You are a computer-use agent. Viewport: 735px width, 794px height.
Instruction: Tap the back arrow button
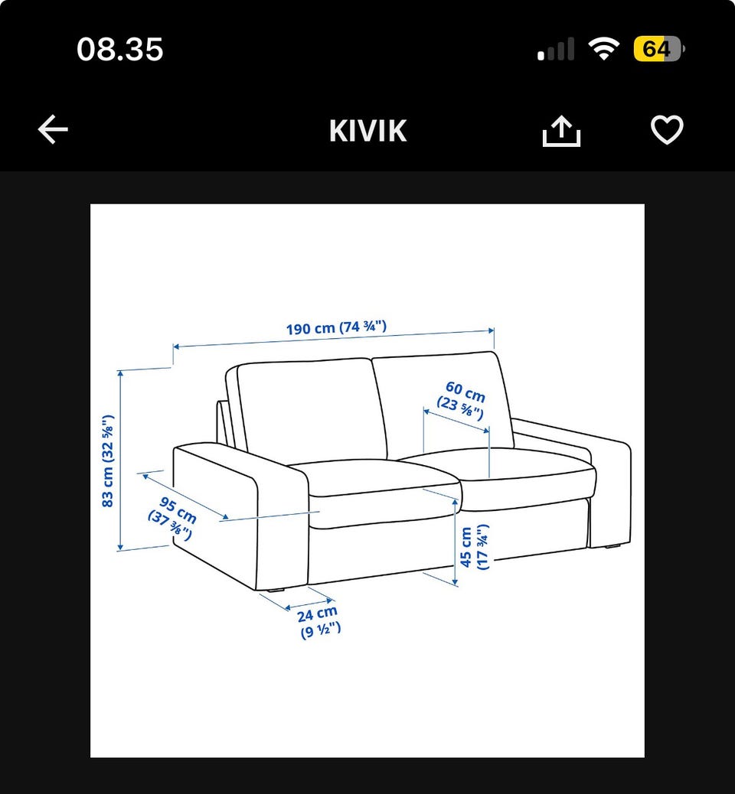[53, 129]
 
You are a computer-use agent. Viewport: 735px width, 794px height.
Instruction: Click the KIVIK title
[368, 131]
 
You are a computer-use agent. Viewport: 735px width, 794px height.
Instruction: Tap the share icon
[561, 131]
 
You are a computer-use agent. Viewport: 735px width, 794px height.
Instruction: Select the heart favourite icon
[667, 130]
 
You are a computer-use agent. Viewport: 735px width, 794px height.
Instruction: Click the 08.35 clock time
[120, 49]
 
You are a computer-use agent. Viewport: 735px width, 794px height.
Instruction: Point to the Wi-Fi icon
[603, 49]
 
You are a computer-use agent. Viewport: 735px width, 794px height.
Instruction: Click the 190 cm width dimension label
[336, 327]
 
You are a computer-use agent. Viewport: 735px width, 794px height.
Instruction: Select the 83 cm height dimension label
[108, 460]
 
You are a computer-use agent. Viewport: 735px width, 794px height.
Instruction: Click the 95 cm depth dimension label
[173, 518]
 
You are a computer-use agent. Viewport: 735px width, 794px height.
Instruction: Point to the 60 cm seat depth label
[462, 400]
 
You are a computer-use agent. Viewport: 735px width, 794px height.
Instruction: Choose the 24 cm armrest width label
[318, 622]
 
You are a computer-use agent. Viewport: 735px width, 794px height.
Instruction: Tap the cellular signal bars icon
[556, 49]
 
